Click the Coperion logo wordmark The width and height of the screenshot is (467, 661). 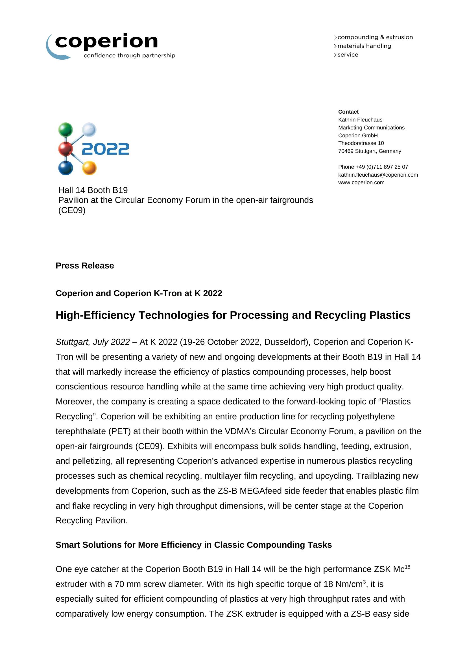106,42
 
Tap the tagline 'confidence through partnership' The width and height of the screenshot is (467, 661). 129,56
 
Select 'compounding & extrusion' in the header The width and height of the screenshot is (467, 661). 375,37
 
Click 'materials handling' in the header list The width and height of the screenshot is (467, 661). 364,46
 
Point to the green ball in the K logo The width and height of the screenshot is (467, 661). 66,129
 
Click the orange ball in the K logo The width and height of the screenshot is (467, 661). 89,168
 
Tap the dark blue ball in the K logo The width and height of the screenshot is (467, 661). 66,168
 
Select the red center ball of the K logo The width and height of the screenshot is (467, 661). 65,149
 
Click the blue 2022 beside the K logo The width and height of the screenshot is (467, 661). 106,149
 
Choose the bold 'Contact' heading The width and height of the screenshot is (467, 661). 348,112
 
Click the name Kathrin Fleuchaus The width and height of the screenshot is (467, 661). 360,120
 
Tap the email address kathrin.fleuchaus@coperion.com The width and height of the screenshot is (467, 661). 378,175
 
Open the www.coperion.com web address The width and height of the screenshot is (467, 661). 361,183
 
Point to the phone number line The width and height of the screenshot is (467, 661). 373,167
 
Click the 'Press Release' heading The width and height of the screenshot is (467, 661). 84,265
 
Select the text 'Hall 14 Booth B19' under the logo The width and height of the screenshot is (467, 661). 93,190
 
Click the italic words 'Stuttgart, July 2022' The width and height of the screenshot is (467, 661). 93,342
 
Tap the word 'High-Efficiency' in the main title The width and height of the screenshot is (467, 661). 95,315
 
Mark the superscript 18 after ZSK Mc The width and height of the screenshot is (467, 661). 407,567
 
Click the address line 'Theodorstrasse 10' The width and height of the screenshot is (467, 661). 361,143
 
